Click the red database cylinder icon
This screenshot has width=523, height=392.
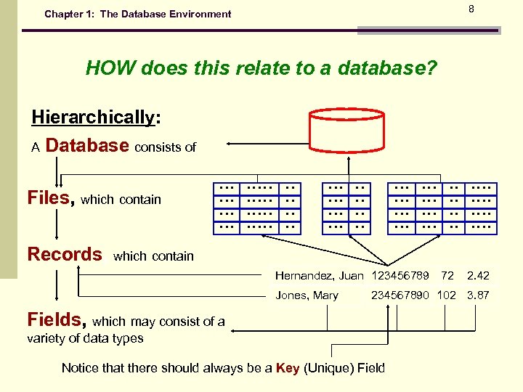click(x=346, y=130)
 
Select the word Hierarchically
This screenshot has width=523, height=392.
click(x=93, y=118)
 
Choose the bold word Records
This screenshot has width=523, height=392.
click(x=65, y=254)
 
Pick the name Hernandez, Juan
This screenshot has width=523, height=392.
click(x=319, y=276)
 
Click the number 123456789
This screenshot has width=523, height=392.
click(x=400, y=276)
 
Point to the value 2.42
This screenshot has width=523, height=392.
click(x=478, y=276)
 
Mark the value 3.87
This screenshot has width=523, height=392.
click(x=478, y=295)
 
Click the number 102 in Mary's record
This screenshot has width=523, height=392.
click(x=446, y=295)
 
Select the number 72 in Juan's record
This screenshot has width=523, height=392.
click(x=447, y=276)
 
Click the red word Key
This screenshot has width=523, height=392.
click(x=288, y=368)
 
